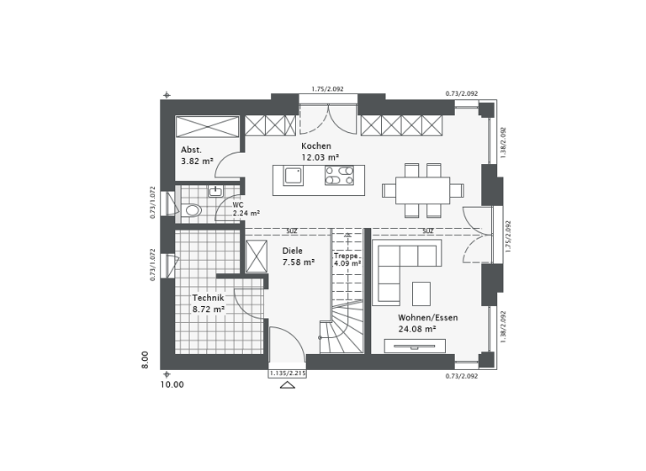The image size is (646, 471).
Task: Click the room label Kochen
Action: [x=315, y=146]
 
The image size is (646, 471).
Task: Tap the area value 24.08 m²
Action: [x=417, y=329]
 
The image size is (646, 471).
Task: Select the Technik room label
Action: [x=208, y=298]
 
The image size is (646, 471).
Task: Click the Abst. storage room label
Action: [x=191, y=149]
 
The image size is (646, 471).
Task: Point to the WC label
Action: [x=238, y=204]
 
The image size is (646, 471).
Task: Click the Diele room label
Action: [x=292, y=251]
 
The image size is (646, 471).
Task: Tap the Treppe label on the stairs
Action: [x=346, y=256]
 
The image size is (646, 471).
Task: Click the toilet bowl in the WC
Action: [x=193, y=210]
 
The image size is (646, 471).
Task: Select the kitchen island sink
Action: [x=294, y=177]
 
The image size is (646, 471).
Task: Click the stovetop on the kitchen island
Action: [x=340, y=177]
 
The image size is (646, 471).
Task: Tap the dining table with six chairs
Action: [x=422, y=191]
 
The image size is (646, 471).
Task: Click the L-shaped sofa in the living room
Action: [x=395, y=265]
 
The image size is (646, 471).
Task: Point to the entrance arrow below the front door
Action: [x=287, y=385]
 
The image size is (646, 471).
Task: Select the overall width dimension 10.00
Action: [x=172, y=384]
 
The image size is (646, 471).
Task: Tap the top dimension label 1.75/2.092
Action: [x=327, y=89]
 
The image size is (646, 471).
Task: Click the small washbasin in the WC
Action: [x=215, y=192]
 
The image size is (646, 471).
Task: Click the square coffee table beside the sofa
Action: [x=421, y=293]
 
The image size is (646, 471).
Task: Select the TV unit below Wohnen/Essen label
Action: [x=414, y=346]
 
